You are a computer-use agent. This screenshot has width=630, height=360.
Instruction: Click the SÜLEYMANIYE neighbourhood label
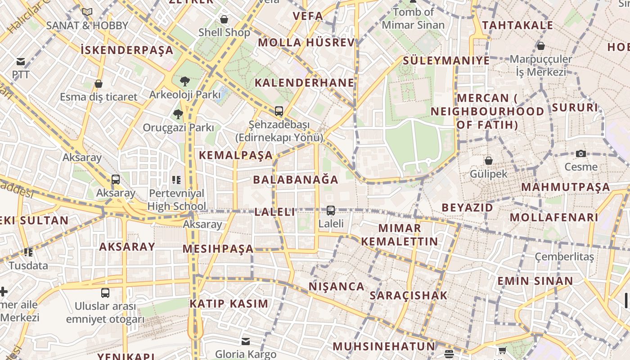pos(446,61)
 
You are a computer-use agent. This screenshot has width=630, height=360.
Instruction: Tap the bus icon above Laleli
pos(331,210)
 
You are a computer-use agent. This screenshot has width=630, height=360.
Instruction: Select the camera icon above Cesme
pos(581,153)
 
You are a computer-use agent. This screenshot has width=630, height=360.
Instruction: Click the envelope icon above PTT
pos(21,62)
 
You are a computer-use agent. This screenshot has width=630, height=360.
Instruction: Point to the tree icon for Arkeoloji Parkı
pos(184,81)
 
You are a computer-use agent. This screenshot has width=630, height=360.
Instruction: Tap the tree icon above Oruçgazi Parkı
pos(178,114)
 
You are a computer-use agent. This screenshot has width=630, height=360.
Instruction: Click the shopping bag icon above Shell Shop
pos(224,19)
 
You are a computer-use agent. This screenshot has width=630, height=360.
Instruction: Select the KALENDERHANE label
pos(305,83)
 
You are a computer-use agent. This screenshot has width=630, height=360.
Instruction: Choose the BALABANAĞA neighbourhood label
pos(296,180)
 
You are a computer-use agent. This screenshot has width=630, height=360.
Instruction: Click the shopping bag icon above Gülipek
pos(488,161)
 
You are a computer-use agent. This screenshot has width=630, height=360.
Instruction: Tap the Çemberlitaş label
pos(564,256)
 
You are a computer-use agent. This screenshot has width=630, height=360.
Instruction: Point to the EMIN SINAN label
pos(535,281)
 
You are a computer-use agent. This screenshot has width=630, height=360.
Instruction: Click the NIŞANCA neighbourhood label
pos(337,287)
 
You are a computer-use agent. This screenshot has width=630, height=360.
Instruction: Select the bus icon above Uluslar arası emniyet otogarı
pos(105,293)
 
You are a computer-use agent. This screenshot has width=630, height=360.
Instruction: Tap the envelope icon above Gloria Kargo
pos(246,341)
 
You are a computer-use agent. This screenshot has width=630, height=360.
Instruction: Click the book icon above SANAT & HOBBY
pos(87,12)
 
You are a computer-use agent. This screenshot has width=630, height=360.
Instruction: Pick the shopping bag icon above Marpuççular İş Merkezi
pos(541,46)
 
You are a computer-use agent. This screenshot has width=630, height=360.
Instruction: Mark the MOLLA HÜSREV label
pos(306,43)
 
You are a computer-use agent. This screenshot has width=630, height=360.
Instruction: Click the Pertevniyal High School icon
pos(176,180)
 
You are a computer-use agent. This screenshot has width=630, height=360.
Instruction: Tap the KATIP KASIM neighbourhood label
pos(229,304)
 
